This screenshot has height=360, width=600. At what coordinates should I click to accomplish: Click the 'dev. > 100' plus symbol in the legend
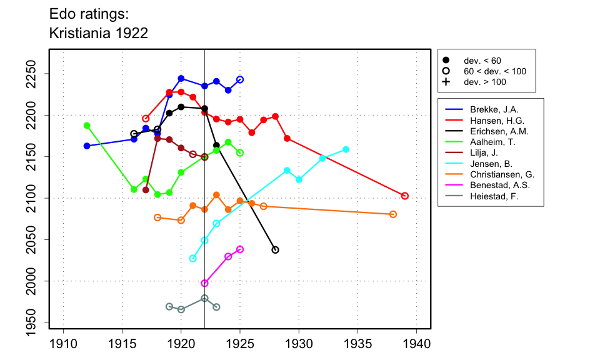(446, 82)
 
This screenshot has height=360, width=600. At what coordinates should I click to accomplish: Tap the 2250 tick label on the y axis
(41, 74)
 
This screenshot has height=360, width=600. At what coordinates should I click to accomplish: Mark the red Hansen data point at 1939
(405, 196)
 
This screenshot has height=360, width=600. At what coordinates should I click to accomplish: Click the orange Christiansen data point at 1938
(393, 214)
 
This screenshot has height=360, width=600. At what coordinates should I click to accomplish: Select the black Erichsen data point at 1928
(276, 250)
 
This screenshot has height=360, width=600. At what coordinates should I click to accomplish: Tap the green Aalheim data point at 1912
(87, 126)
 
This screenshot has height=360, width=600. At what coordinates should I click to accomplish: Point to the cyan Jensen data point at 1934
(346, 149)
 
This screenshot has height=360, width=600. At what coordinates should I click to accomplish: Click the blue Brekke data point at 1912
(87, 146)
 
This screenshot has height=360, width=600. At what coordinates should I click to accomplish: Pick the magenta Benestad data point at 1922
(204, 283)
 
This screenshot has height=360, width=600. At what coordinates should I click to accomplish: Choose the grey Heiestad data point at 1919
(169, 306)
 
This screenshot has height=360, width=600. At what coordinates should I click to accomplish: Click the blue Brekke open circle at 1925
(240, 79)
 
